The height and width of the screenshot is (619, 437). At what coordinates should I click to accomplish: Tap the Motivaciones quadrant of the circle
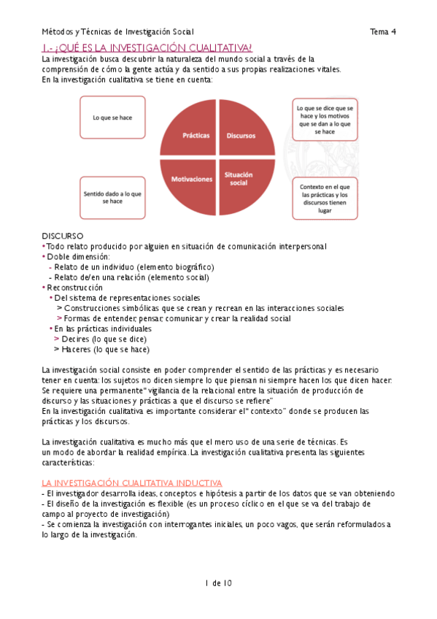click(192, 180)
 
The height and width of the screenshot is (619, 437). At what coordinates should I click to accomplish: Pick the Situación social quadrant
click(239, 180)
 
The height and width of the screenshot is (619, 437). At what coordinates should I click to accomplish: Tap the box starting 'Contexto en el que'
click(325, 198)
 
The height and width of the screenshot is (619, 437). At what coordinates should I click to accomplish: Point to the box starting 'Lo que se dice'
click(325, 119)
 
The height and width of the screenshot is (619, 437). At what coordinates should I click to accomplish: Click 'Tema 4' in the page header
click(382, 31)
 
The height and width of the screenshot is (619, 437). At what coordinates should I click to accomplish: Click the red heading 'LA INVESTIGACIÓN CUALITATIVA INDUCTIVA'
click(132, 483)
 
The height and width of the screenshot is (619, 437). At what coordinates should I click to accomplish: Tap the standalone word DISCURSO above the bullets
click(63, 236)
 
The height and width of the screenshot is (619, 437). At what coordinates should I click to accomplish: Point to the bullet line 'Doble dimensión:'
click(78, 256)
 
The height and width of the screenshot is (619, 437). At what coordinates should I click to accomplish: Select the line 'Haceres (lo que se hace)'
click(105, 349)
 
